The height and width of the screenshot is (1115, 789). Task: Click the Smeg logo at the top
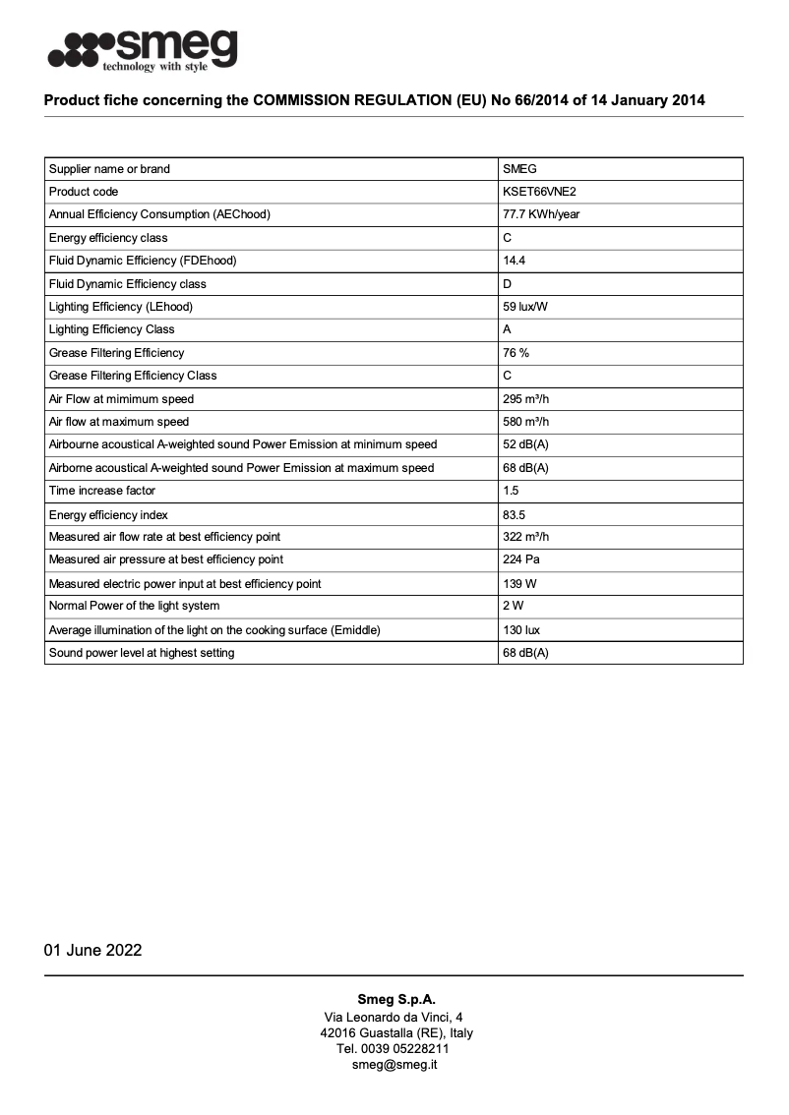pos(143,49)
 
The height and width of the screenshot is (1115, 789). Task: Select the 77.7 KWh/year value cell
pos(541,214)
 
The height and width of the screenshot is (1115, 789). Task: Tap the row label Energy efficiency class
pos(108,238)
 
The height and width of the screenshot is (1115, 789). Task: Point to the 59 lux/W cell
pos(525,307)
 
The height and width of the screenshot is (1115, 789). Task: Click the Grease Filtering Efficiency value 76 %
pos(516,353)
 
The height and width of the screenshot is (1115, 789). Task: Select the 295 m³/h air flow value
pos(525,399)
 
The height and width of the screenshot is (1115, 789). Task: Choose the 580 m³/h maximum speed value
pos(525,422)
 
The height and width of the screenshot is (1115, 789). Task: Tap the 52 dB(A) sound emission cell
pos(525,444)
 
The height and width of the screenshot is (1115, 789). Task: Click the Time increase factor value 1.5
pos(511,491)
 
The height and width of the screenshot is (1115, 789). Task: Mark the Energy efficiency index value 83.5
pos(514,515)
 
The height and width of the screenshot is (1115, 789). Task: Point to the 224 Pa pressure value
pos(521,559)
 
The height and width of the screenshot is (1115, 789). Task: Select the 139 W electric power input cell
pos(518,584)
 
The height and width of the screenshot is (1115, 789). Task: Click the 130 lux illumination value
pos(521,630)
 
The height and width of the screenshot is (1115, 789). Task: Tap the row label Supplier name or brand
pos(109,169)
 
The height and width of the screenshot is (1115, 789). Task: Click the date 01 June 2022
pos(92,950)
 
